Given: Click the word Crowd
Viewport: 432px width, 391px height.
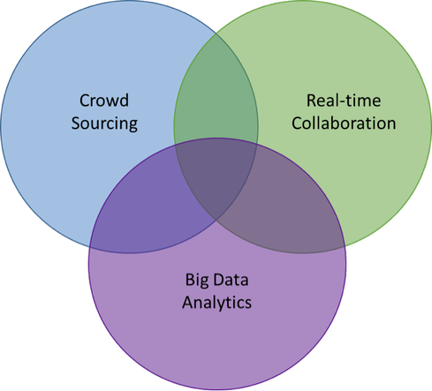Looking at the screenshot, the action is (104, 101).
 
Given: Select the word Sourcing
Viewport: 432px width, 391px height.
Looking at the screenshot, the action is (104, 124).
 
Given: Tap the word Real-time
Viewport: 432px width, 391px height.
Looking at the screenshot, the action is (344, 101).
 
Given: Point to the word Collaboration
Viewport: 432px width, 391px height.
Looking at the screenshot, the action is (344, 123).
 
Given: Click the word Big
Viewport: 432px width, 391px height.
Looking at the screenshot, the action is (196, 280).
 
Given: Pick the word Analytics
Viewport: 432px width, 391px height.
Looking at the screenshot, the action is (216, 303).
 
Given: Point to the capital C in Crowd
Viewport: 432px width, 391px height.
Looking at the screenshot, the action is (84, 101).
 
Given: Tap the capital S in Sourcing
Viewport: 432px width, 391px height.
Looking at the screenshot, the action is (76, 124).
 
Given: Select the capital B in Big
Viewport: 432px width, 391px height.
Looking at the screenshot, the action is (190, 280).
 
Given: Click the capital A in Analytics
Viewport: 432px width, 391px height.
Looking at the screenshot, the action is (188, 303).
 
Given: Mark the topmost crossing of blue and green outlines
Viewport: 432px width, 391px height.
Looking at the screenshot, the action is (216, 34).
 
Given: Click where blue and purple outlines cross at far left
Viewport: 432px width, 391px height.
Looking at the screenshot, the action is (89, 247).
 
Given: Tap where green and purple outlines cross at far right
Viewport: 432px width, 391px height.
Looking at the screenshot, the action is (345, 246).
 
